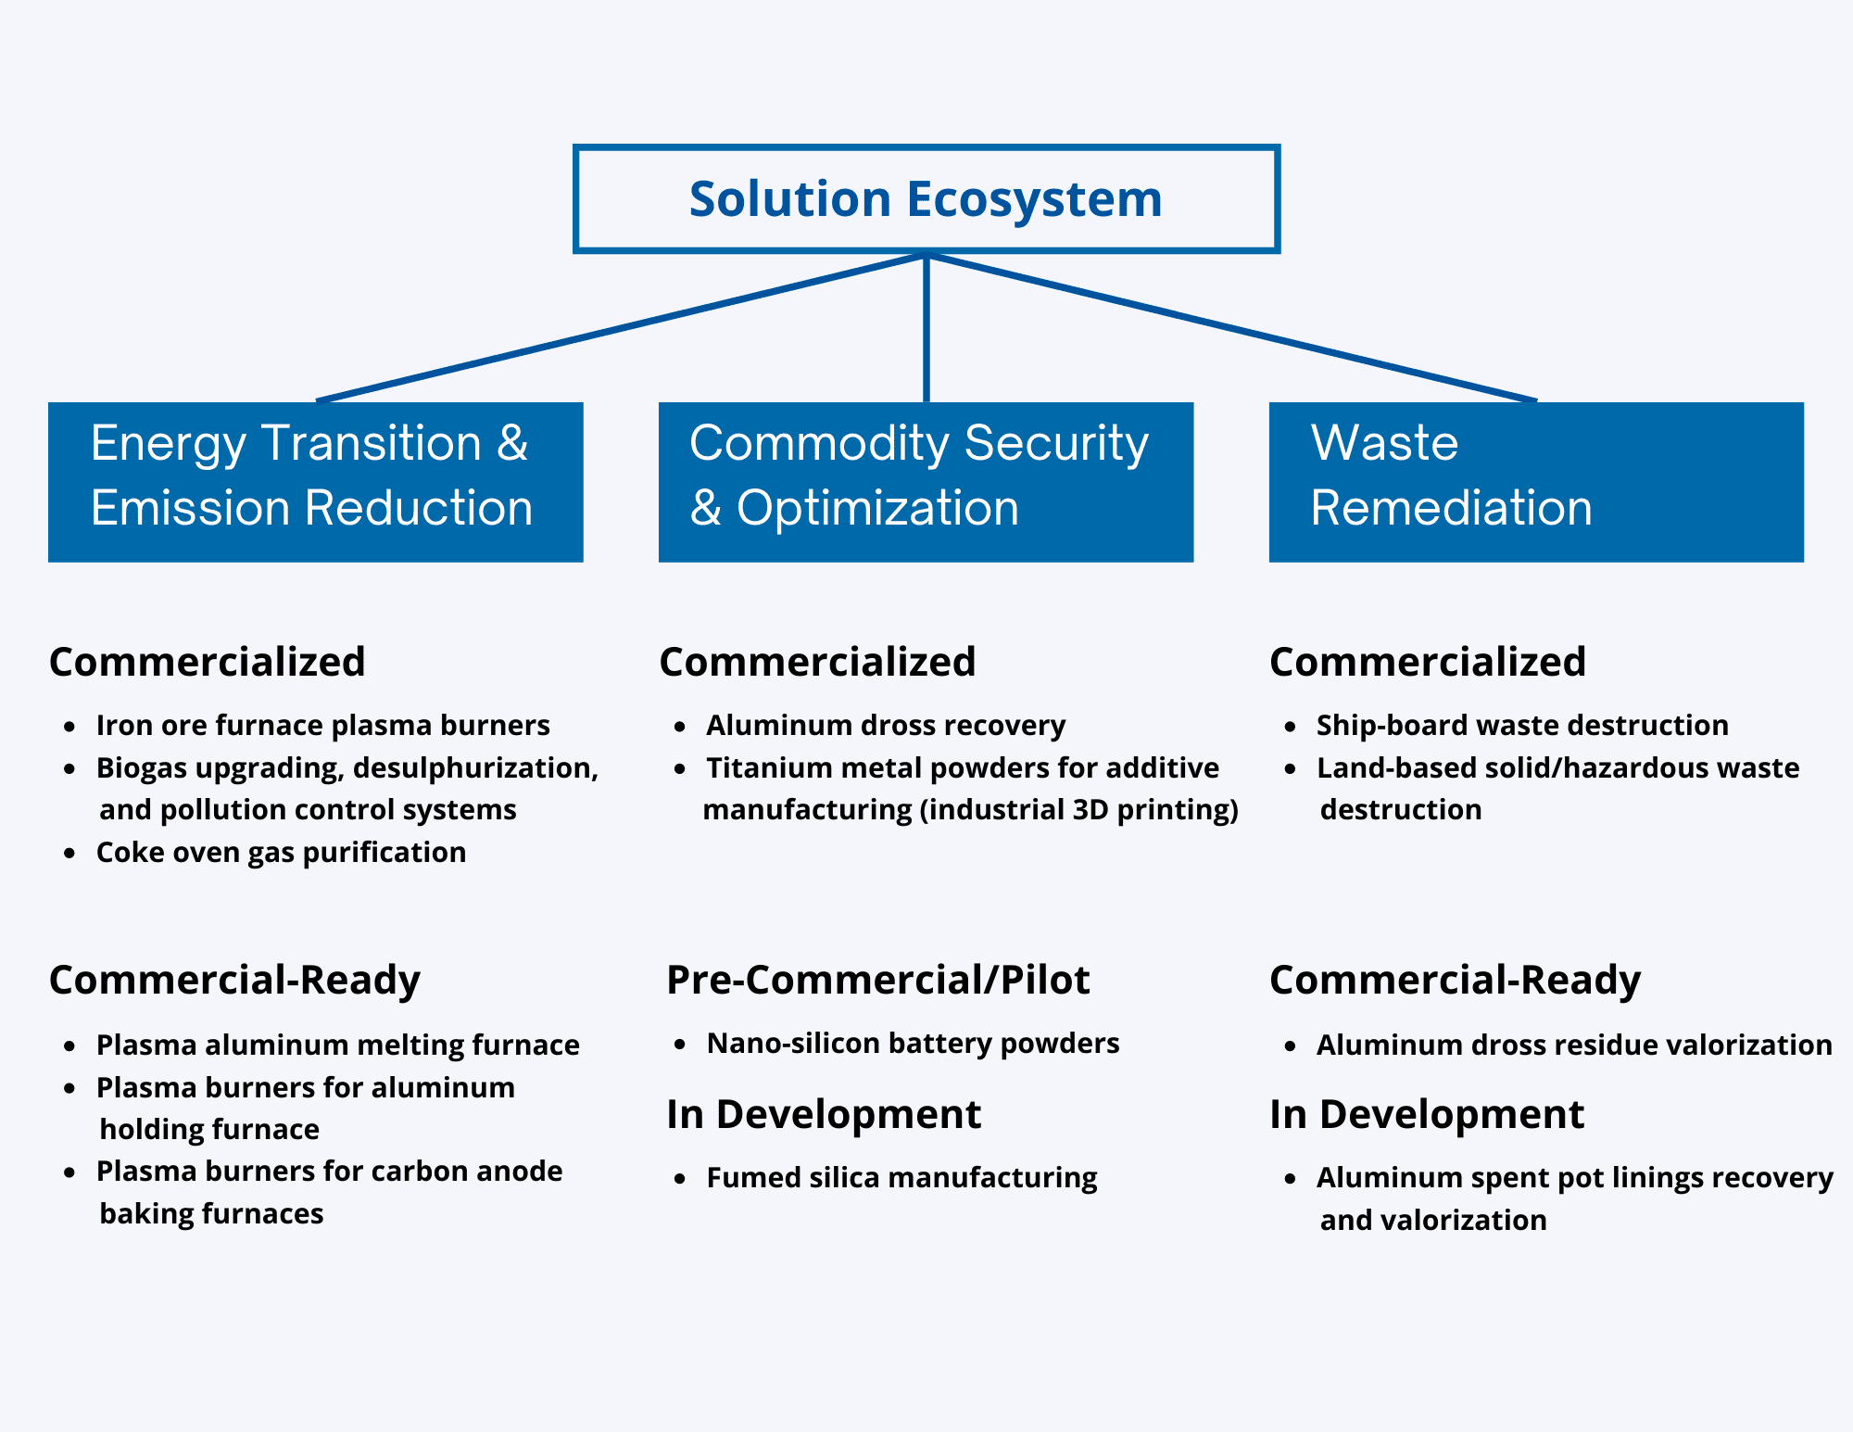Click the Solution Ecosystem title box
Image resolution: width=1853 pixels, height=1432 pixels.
(x=926, y=198)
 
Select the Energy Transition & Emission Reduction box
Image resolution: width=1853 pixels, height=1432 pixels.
(x=315, y=481)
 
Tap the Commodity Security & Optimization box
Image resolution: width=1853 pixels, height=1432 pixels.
(x=925, y=481)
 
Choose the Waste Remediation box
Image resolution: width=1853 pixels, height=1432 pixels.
(x=1535, y=481)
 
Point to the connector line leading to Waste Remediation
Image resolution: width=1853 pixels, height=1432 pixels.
(x=1232, y=327)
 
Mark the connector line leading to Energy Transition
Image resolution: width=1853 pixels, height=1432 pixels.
(x=621, y=327)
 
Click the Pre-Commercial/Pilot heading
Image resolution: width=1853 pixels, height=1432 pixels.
(x=877, y=980)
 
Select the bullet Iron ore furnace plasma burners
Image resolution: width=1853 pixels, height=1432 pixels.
(x=322, y=725)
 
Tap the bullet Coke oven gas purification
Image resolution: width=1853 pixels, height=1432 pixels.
(x=281, y=852)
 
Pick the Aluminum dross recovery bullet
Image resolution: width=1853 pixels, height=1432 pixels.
(x=886, y=725)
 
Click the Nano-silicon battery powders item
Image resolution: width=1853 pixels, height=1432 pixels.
(x=913, y=1044)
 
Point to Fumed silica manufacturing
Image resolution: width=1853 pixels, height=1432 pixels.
(x=901, y=1178)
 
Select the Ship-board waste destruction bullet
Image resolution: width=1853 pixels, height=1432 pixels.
(x=1522, y=725)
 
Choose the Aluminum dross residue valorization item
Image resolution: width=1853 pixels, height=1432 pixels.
(x=1574, y=1045)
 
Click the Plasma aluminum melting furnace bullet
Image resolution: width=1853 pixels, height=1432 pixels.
(x=337, y=1045)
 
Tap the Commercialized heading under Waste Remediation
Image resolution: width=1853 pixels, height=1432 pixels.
(x=1428, y=662)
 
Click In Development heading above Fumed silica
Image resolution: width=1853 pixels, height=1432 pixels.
(x=823, y=1114)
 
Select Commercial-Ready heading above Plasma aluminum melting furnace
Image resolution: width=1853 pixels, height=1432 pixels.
(x=234, y=980)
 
